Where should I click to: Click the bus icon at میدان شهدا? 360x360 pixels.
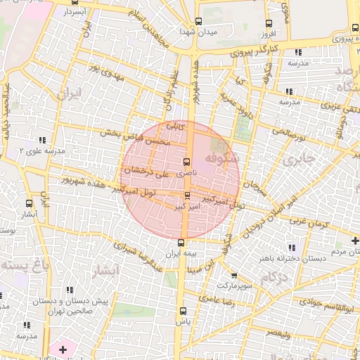click(x=198, y=21)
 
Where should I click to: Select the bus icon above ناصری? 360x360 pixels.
click(x=186, y=161)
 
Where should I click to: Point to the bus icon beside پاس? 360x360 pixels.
click(x=183, y=311)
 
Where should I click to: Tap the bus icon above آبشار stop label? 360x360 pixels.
click(x=28, y=202)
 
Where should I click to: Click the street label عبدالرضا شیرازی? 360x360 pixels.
click(x=141, y=258)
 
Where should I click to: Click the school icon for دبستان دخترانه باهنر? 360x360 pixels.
click(x=291, y=247)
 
